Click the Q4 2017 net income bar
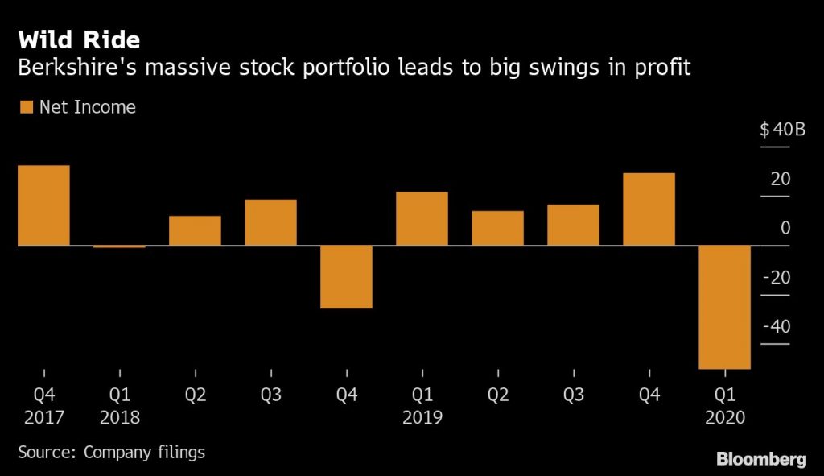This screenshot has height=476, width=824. pyautogui.click(x=43, y=205)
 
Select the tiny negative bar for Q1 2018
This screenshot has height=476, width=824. pyautogui.click(x=119, y=246)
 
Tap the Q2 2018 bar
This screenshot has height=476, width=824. pyautogui.click(x=195, y=230)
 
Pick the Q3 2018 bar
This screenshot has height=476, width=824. pyautogui.click(x=270, y=222)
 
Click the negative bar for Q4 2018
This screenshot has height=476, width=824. pyautogui.click(x=346, y=276)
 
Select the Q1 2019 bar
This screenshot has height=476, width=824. pyautogui.click(x=422, y=218)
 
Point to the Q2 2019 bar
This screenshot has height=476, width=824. pyautogui.click(x=497, y=228)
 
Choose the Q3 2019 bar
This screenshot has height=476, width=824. pyautogui.click(x=573, y=225)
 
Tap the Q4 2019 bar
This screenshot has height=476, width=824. pyautogui.click(x=649, y=209)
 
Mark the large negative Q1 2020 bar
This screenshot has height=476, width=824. pyautogui.click(x=724, y=307)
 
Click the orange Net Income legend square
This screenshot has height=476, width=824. pyautogui.click(x=25, y=107)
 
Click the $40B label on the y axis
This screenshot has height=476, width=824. pyautogui.click(x=782, y=130)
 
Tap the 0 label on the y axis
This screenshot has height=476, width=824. pyautogui.click(x=785, y=229)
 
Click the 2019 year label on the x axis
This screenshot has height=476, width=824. pyautogui.click(x=422, y=417)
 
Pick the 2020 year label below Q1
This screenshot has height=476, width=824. pyautogui.click(x=724, y=417)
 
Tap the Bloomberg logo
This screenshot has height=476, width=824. pyautogui.click(x=761, y=459)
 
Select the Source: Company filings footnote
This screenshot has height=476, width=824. pyautogui.click(x=111, y=452)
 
